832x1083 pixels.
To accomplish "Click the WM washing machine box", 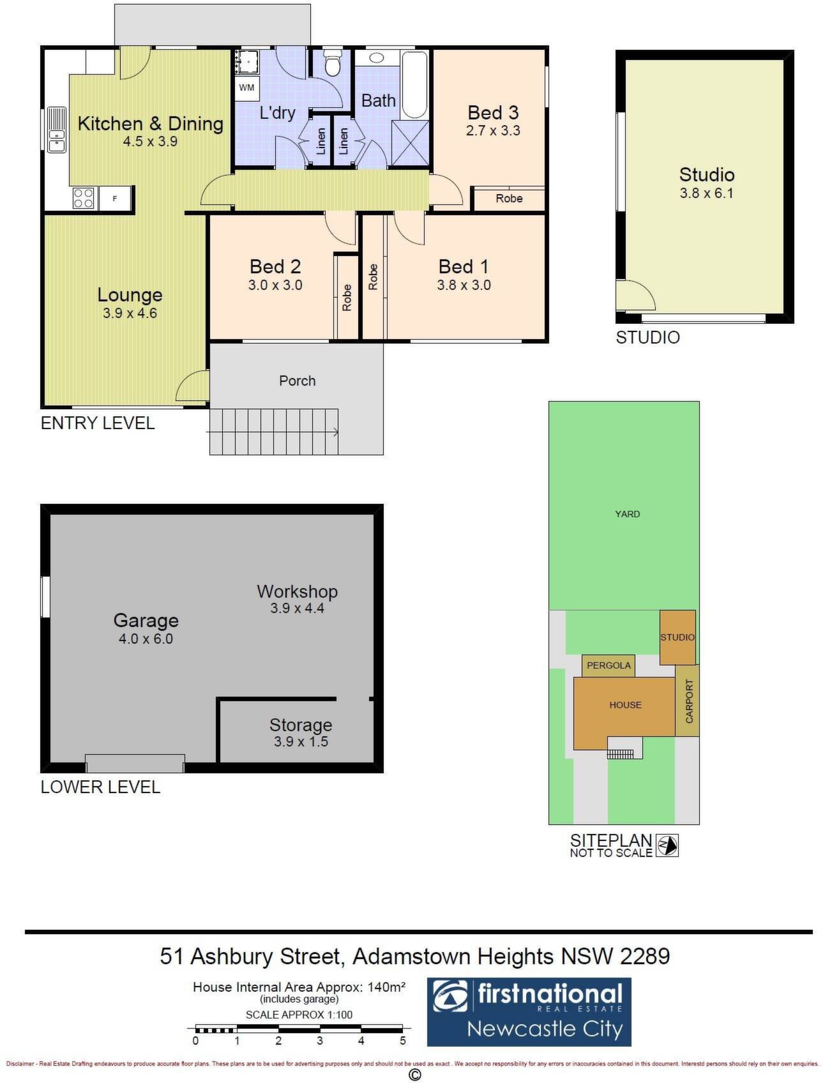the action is click(x=246, y=87).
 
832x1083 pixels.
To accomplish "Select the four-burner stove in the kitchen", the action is click(x=84, y=197).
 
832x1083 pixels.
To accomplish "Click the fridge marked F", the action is click(x=115, y=198).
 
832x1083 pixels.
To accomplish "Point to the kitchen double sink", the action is click(x=57, y=130).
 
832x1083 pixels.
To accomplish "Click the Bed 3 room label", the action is click(x=493, y=112).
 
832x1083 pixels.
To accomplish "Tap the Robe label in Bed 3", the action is click(x=509, y=199).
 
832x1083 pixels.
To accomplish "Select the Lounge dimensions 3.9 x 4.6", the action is click(x=130, y=313).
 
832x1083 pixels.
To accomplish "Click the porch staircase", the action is click(x=273, y=432).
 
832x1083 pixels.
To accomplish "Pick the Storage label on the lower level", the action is click(x=300, y=725).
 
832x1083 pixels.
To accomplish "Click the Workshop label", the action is click(x=297, y=591).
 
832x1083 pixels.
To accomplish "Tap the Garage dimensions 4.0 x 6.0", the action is click(x=146, y=639).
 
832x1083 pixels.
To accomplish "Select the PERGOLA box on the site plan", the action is click(x=609, y=665).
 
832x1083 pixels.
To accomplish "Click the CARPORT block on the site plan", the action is click(x=688, y=701).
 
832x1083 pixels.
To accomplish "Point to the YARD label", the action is click(x=627, y=513).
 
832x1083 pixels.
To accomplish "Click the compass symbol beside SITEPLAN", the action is click(x=667, y=845).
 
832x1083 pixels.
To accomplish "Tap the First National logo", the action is click(x=529, y=1011).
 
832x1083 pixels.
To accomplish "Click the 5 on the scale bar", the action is click(x=403, y=1041).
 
